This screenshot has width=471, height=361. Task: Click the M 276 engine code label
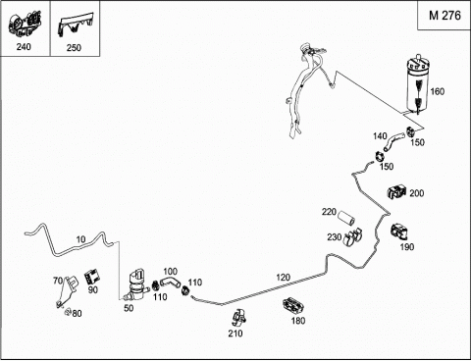[x=445, y=16]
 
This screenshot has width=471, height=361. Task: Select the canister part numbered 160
[x=417, y=85]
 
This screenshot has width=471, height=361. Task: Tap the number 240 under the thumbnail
[x=24, y=47]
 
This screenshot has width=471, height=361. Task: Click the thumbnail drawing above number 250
[x=75, y=26]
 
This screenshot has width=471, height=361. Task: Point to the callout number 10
[x=80, y=239]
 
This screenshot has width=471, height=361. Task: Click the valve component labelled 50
[x=137, y=284]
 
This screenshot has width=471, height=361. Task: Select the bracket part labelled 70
[x=68, y=290]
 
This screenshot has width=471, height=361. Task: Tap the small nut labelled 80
[x=68, y=312]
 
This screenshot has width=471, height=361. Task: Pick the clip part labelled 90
[x=91, y=278]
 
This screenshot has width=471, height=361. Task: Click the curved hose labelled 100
[x=170, y=282]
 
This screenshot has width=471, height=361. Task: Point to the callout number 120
[x=283, y=278]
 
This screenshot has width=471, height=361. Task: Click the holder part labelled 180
[x=292, y=306]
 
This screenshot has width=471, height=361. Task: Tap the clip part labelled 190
[x=399, y=232]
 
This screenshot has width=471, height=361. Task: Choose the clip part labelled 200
[x=396, y=191]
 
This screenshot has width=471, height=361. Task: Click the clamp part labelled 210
[x=238, y=318]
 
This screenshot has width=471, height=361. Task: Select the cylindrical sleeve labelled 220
[x=346, y=218]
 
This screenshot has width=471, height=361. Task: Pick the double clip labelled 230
[x=352, y=236]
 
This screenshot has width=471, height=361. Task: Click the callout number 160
[x=437, y=91]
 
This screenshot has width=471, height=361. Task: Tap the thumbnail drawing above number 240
[x=25, y=25]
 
